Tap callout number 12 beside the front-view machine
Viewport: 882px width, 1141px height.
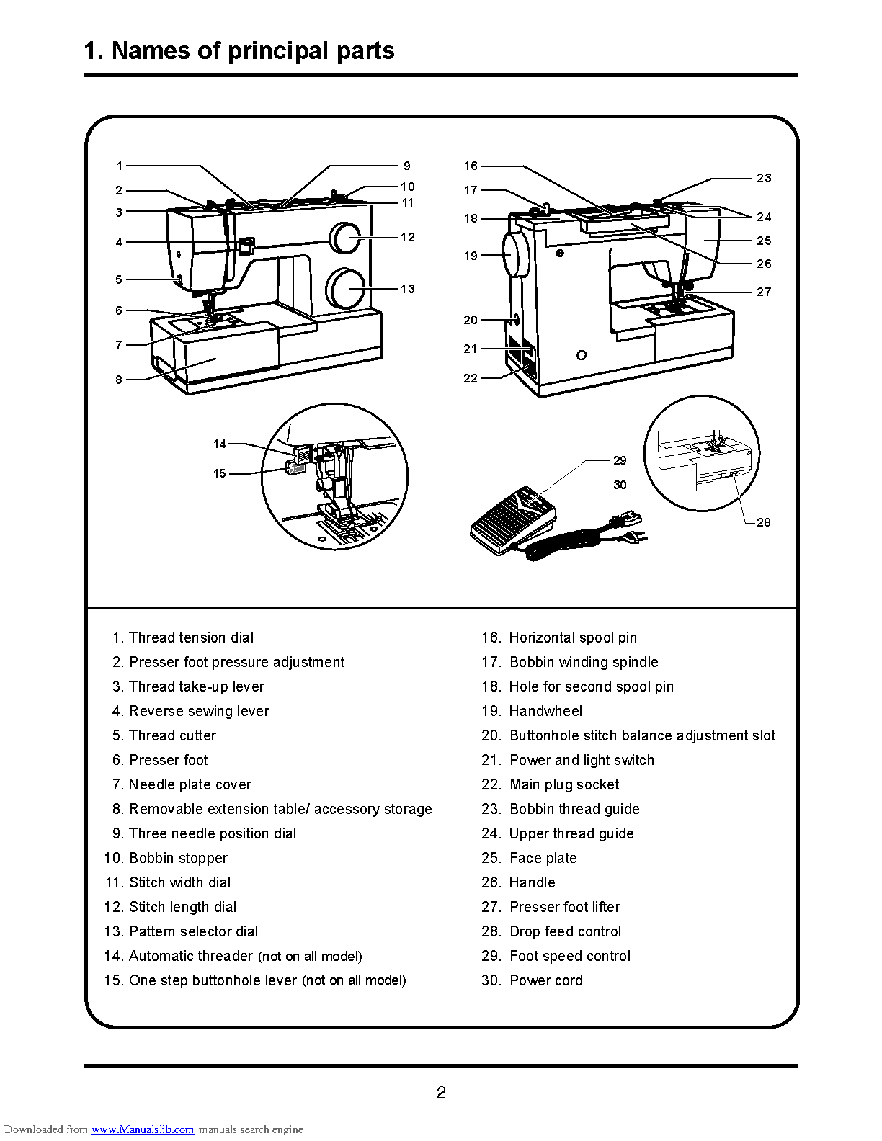click(x=408, y=237)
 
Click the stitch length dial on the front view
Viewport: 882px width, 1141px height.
click(x=344, y=238)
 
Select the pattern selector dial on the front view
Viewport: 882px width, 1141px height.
click(x=346, y=288)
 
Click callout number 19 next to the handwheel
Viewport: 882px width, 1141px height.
click(x=471, y=256)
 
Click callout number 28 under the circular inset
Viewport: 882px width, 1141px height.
click(x=764, y=522)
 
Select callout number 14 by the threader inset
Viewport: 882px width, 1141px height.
click(x=220, y=444)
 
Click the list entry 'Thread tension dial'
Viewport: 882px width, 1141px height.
click(x=183, y=637)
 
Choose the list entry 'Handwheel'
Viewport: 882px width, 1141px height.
click(x=533, y=711)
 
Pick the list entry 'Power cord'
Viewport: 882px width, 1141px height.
click(x=533, y=980)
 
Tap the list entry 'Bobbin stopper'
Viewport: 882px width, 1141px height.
click(x=166, y=858)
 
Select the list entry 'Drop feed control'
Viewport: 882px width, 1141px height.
click(x=552, y=931)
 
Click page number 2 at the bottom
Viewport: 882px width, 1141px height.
click(x=441, y=1093)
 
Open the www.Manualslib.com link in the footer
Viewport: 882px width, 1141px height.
click(x=143, y=1129)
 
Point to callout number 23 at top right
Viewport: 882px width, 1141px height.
click(x=764, y=178)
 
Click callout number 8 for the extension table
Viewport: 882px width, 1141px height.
click(x=119, y=380)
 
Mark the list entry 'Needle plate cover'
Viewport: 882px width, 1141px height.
click(x=182, y=784)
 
